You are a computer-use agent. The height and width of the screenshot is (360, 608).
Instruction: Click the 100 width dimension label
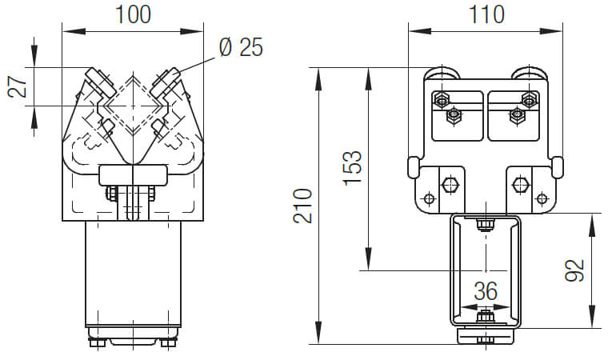133,14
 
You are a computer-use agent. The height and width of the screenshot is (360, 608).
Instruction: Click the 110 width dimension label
486,14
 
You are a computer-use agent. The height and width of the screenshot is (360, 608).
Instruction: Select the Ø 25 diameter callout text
241,47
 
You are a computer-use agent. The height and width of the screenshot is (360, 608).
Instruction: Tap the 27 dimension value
18,86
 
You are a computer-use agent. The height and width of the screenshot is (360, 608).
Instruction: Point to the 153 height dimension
353,168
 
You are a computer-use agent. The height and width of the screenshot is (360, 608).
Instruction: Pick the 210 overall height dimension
302,206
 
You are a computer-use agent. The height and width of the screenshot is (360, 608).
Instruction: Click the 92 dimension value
574,270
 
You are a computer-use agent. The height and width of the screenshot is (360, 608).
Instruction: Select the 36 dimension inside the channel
486,291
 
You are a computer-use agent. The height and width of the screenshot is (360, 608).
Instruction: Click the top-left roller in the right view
442,74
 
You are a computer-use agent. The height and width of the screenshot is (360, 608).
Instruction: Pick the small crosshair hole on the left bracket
429,199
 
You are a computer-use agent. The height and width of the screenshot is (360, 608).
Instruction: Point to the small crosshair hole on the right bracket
542,199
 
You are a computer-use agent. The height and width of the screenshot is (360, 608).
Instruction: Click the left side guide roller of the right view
413,167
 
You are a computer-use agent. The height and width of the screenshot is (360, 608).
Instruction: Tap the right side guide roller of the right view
558,167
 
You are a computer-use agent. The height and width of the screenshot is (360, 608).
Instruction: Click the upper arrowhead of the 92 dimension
592,225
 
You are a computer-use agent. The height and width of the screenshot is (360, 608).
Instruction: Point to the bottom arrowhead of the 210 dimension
318,333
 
